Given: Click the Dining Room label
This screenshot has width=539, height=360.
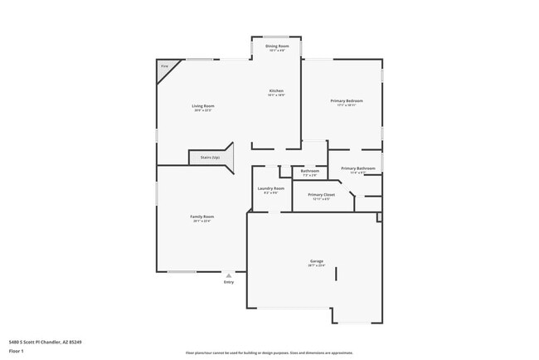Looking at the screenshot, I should [x=277, y=46].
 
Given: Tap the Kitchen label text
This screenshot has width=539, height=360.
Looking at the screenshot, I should [x=276, y=90].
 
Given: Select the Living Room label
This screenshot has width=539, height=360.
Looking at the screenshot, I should [x=203, y=105].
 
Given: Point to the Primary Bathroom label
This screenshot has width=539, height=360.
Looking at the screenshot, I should [x=358, y=168].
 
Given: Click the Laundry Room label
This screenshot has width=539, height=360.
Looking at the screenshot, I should [x=270, y=188].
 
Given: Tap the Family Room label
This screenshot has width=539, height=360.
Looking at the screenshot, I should [x=203, y=216].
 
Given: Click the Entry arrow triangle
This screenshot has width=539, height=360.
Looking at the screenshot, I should [x=229, y=275].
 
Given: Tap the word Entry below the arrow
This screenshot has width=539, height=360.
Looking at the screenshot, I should [x=229, y=282].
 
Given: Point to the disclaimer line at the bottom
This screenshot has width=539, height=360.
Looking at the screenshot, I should [x=269, y=353].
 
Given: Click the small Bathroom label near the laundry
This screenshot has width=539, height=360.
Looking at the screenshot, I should [x=310, y=171].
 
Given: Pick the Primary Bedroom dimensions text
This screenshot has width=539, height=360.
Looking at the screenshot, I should [x=346, y=105].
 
